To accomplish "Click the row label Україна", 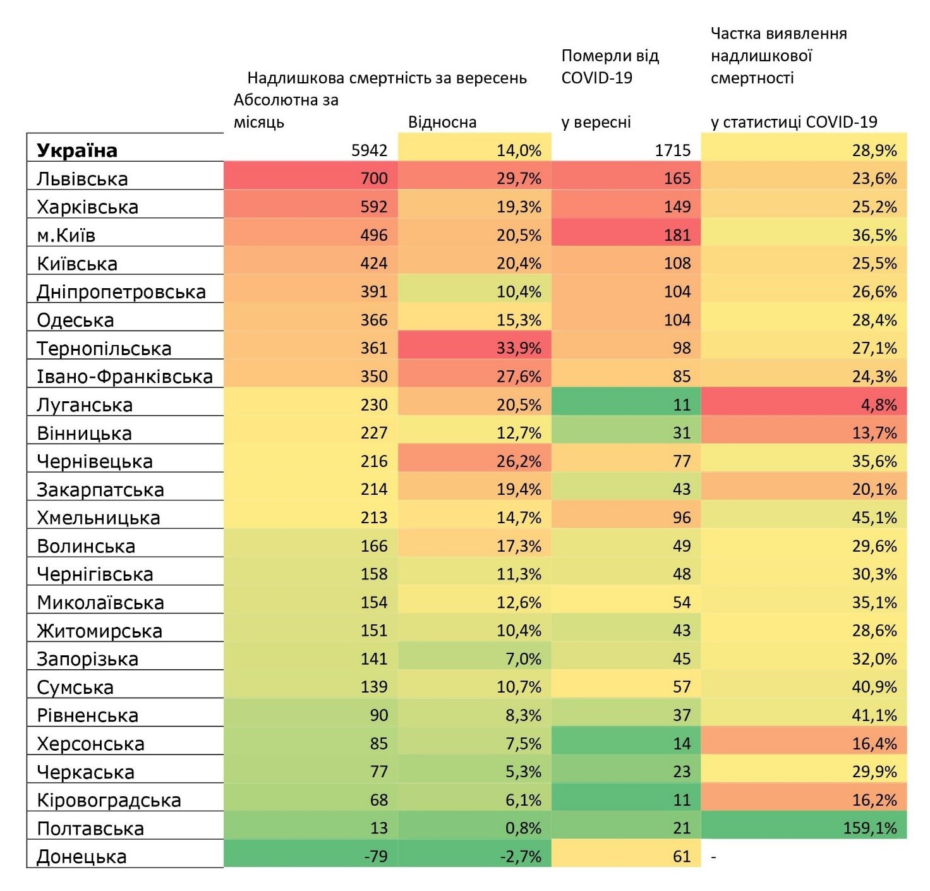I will (77, 150).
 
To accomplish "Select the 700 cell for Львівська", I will (374, 178).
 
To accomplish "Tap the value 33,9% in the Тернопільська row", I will (519, 348).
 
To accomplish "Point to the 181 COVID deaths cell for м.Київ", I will (677, 235).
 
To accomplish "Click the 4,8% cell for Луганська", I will (879, 404).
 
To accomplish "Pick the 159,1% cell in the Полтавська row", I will (870, 828).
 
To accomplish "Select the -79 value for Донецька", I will (376, 856).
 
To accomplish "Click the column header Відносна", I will (442, 122).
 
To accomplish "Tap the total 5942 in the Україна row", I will (370, 150).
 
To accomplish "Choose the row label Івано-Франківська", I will (125, 377).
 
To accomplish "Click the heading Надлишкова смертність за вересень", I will (387, 78).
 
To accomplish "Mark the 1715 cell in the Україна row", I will (673, 150).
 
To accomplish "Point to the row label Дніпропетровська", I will (121, 292).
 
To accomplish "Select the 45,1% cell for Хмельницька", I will (874, 518).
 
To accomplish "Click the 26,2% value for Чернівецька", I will (519, 461).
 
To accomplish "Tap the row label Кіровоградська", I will (109, 800).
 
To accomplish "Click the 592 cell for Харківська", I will (374, 207).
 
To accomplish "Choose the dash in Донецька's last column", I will (714, 856).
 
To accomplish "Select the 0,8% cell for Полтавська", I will (523, 828).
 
